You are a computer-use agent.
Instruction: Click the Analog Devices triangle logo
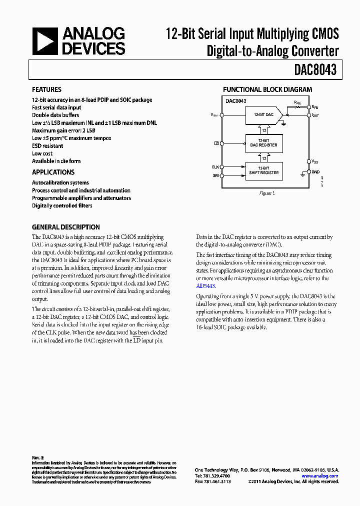(x=45, y=41)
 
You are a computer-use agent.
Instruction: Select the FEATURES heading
(x=46, y=90)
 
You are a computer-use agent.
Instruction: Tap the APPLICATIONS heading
(x=53, y=172)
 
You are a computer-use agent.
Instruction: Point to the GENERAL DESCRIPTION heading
(x=65, y=227)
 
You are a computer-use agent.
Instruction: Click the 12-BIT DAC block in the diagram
(x=263, y=115)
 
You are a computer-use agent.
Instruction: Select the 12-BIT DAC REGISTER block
(x=263, y=143)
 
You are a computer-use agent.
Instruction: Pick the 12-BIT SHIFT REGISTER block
(x=263, y=171)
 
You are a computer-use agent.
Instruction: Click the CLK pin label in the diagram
(x=215, y=167)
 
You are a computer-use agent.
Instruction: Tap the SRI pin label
(x=215, y=175)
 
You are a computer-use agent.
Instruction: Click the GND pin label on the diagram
(x=315, y=171)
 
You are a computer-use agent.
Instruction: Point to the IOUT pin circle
(x=308, y=115)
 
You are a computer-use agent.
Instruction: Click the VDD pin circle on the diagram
(x=308, y=161)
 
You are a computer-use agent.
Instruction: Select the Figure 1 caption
(x=267, y=193)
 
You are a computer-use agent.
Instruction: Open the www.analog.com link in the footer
(x=320, y=476)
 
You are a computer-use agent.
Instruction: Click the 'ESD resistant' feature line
(x=47, y=146)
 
